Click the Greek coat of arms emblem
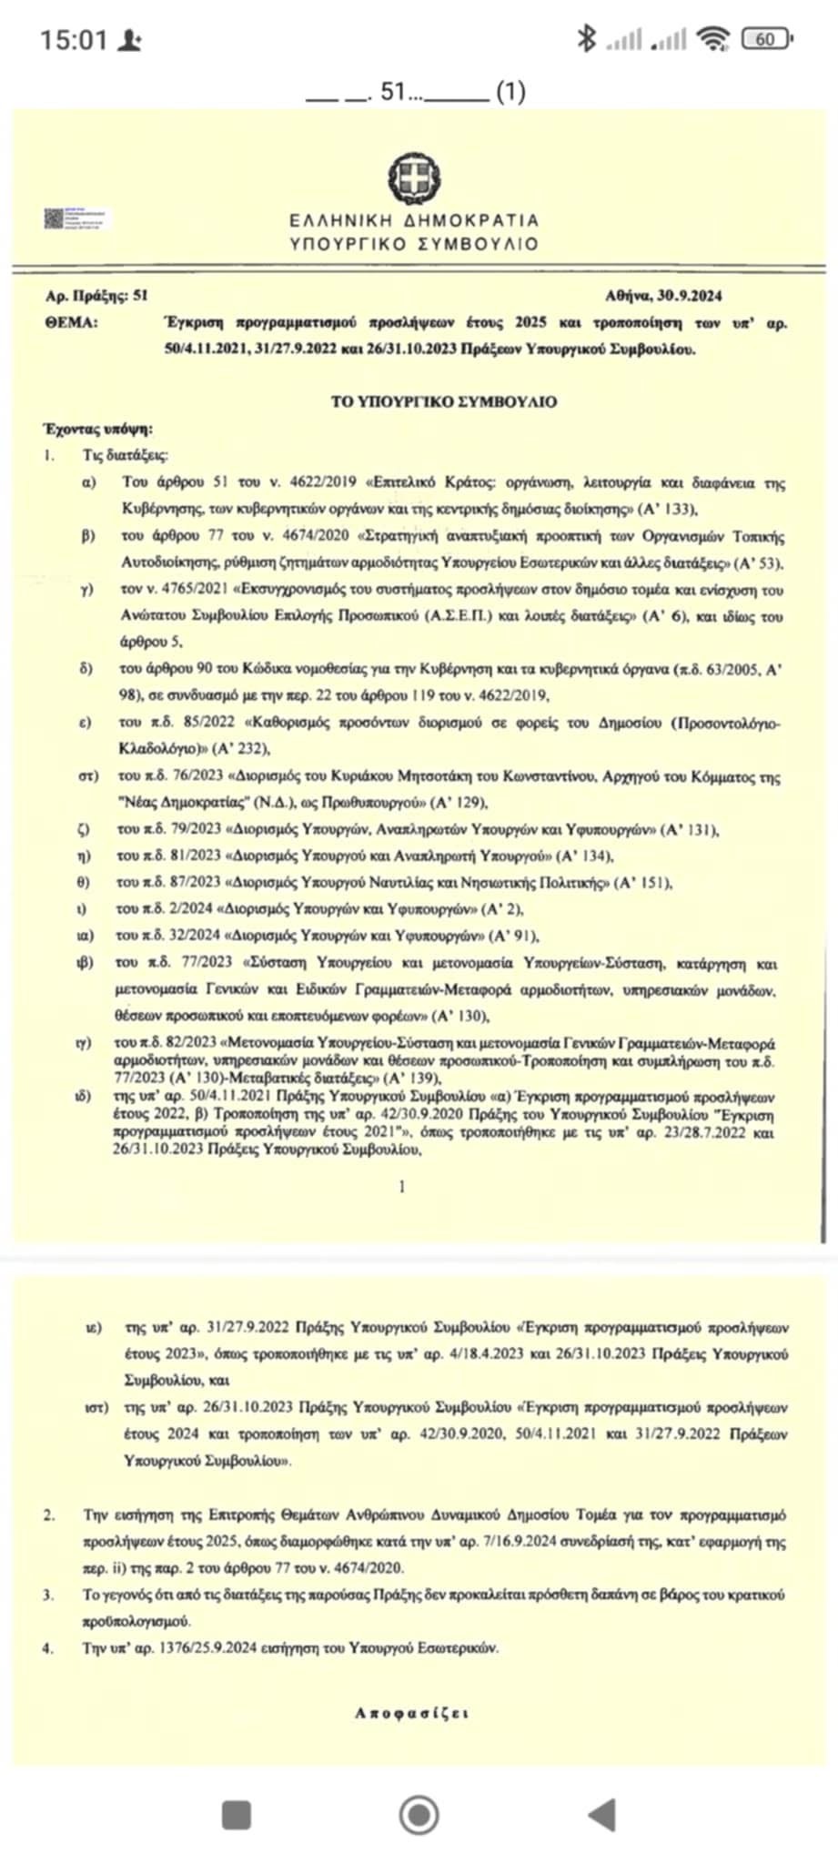coord(415,177)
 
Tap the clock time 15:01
coord(74,40)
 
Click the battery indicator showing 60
coord(765,39)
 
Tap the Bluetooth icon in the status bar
coord(587,38)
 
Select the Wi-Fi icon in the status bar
coord(713,38)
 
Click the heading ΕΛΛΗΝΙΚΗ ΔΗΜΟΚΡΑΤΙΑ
coord(414,220)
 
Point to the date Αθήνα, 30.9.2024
coord(663,296)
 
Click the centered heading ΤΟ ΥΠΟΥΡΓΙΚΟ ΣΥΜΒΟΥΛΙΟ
coord(443,401)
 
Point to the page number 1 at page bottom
coord(402,1186)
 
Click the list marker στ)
coord(88,777)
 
